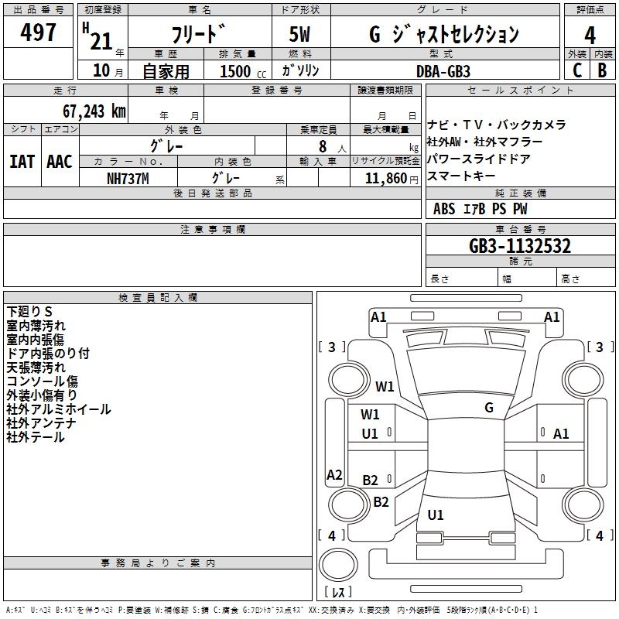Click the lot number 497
(x=39, y=32)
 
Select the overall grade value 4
(x=590, y=35)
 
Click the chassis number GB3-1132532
(x=520, y=246)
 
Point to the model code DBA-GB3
(x=443, y=70)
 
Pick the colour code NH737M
(x=128, y=178)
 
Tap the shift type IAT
(x=22, y=162)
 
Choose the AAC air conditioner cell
(x=60, y=162)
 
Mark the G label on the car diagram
(x=489, y=407)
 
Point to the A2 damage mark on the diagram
(x=334, y=475)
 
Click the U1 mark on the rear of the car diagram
(x=436, y=515)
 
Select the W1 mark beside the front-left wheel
(x=385, y=386)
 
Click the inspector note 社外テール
(x=36, y=438)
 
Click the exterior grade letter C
(x=576, y=70)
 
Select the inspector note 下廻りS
(x=29, y=312)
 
